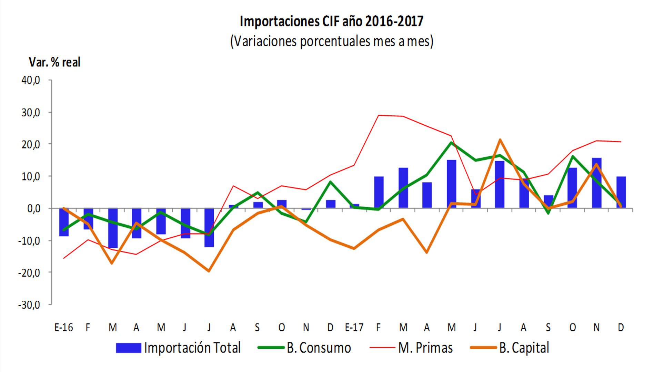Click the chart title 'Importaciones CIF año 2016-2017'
[331, 21]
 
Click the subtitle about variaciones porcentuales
[331, 41]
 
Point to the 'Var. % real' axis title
[54, 62]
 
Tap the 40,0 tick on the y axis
[31, 81]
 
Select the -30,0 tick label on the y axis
[29, 305]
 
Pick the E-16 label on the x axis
[64, 327]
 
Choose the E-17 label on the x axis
[354, 327]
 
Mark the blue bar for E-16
[64, 222]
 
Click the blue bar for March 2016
[113, 228]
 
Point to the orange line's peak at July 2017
[500, 140]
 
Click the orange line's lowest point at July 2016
[209, 271]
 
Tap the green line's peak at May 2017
[451, 142]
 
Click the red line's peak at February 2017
[379, 115]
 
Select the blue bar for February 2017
[379, 192]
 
